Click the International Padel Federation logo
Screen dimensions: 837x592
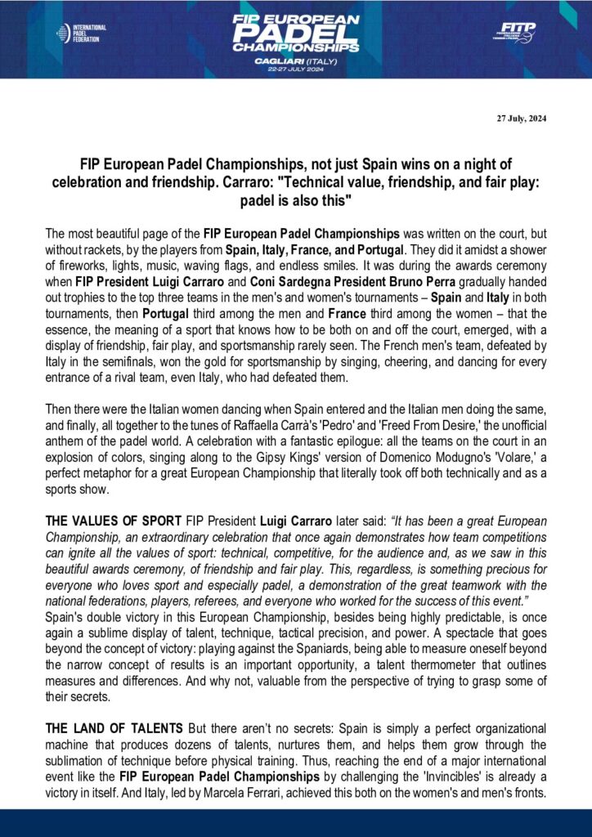[81, 34]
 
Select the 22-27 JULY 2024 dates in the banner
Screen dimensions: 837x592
[296, 69]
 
